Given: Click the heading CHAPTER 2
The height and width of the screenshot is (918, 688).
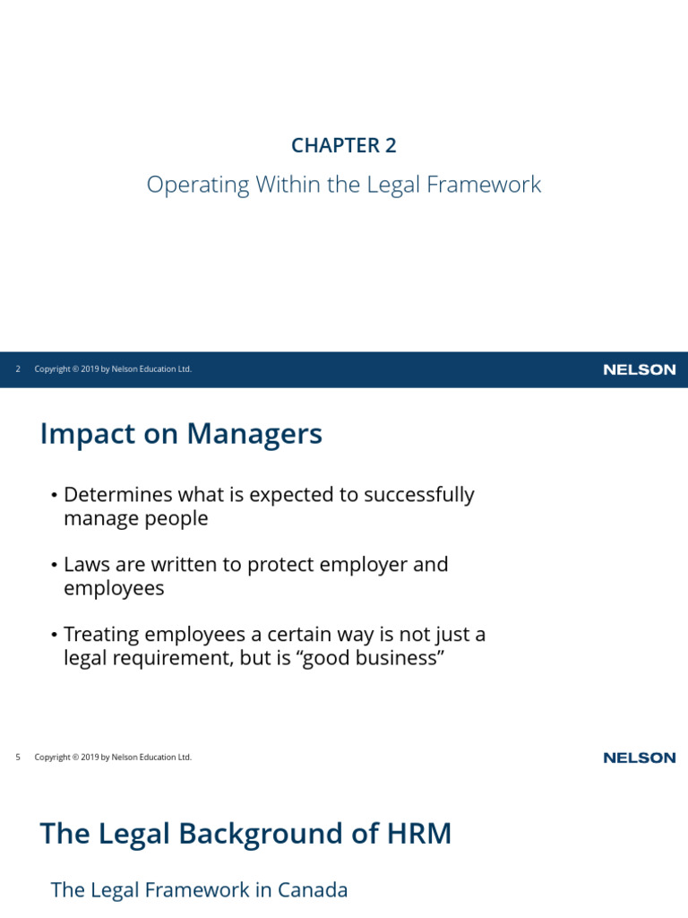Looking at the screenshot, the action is (x=344, y=145).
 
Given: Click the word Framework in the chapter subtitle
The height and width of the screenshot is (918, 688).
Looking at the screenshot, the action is (x=484, y=185).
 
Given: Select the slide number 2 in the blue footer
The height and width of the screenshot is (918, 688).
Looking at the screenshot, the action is (x=18, y=368).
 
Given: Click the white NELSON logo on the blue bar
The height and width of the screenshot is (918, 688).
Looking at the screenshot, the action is (x=640, y=369).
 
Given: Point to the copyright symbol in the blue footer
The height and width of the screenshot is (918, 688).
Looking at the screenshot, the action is (x=75, y=368).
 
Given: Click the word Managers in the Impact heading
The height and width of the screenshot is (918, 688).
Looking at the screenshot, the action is (x=254, y=435).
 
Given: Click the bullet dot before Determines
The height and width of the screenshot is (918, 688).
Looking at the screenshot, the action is (x=54, y=496).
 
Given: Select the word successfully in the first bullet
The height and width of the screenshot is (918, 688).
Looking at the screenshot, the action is (x=419, y=495).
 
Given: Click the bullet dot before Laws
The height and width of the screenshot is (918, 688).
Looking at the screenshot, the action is (x=54, y=566).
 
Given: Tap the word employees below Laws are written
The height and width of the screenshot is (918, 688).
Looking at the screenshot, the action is (x=114, y=589).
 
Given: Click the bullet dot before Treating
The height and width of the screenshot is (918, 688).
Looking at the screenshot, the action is (x=54, y=636).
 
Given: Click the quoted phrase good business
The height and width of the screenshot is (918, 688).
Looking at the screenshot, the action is (x=371, y=659).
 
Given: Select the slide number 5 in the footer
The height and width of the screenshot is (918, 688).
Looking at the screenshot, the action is (x=18, y=757).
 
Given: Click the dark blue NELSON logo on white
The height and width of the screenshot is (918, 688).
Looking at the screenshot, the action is (x=640, y=758).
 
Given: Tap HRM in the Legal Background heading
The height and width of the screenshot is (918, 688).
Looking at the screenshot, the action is (x=419, y=834).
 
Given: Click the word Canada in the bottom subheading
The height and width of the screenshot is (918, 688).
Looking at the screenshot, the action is (x=313, y=890).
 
